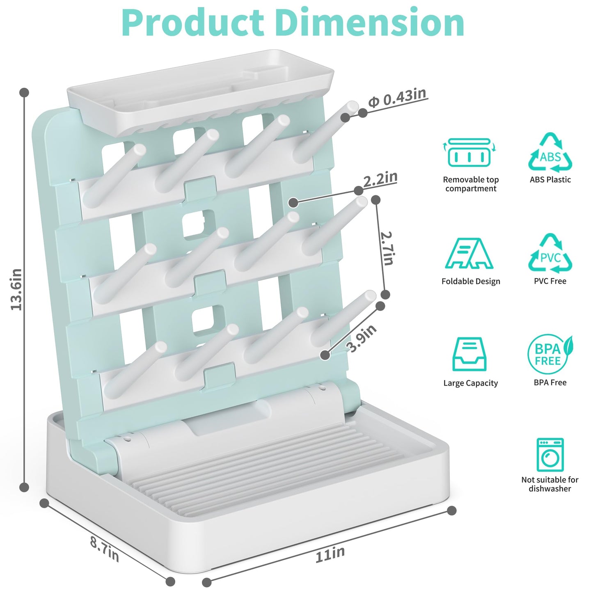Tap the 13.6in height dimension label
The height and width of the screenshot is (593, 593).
(x=16, y=289)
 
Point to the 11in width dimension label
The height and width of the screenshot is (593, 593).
(x=330, y=554)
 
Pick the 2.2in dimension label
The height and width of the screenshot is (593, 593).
(x=380, y=179)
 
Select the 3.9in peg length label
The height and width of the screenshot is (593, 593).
(x=362, y=339)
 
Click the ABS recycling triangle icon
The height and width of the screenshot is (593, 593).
(x=550, y=152)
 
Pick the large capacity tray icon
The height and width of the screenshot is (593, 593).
(x=469, y=354)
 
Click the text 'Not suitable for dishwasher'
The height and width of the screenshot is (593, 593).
(x=550, y=484)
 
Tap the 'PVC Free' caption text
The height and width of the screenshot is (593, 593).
(x=550, y=281)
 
